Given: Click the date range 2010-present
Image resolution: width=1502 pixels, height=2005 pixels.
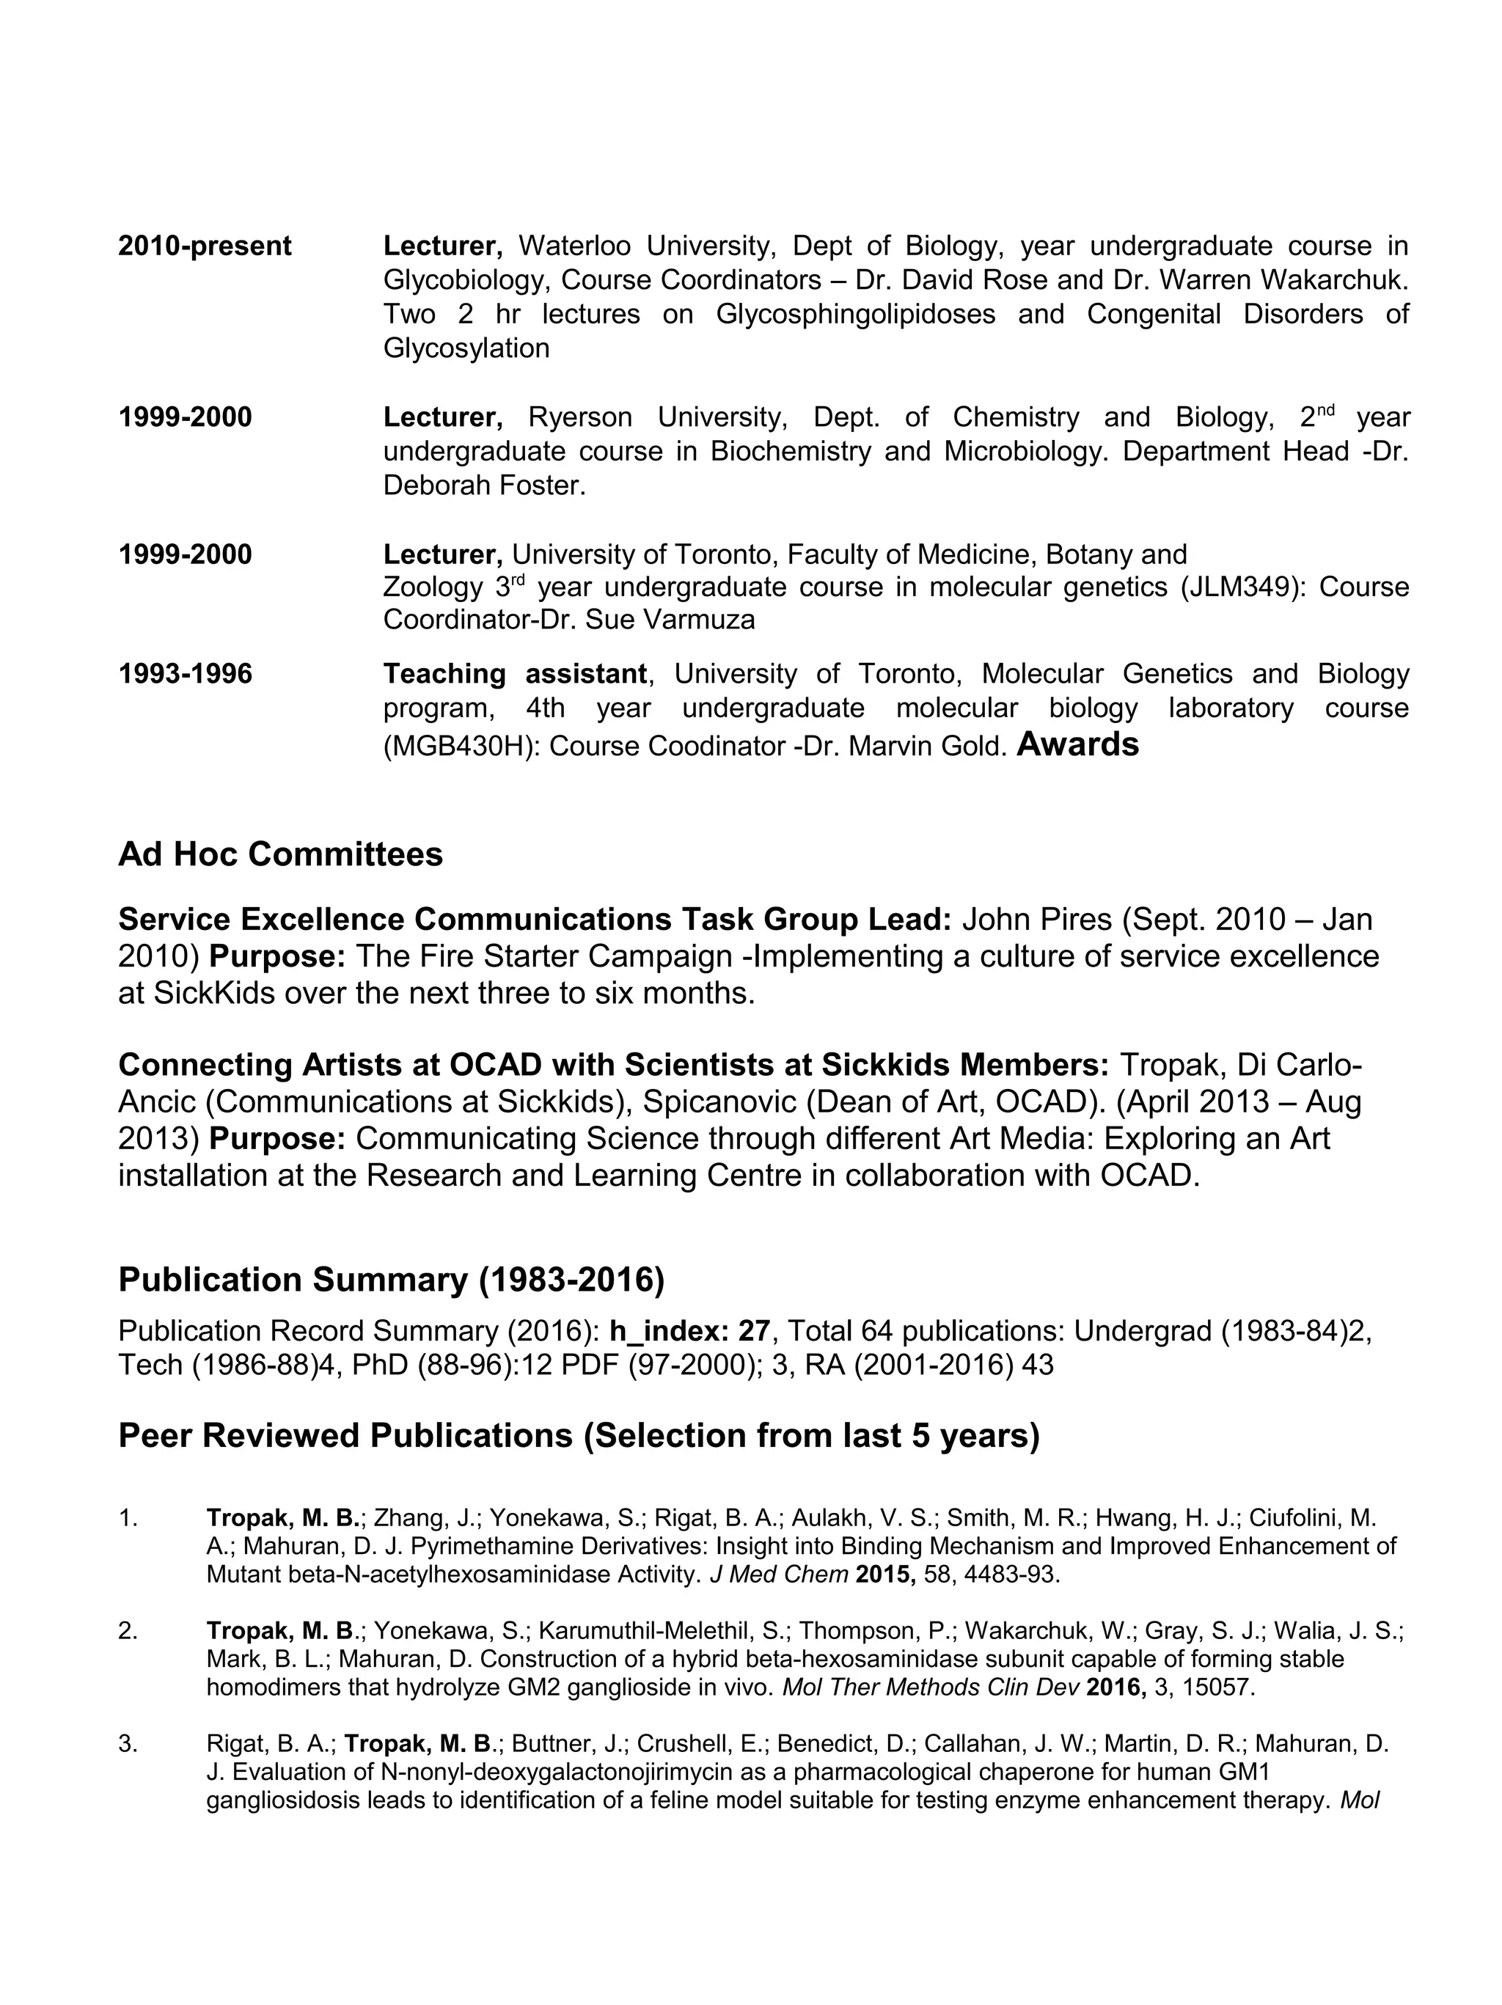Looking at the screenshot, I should (205, 246).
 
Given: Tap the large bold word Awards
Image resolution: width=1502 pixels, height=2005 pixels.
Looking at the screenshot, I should (1077, 744).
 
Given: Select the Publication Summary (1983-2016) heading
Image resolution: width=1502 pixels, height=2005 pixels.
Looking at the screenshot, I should (391, 1279).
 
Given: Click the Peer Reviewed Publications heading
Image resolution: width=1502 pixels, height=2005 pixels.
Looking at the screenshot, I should (579, 1436).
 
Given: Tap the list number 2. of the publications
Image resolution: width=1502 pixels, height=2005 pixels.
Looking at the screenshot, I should (128, 1631).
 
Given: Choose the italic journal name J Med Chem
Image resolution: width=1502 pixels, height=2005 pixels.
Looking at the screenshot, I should (779, 1575).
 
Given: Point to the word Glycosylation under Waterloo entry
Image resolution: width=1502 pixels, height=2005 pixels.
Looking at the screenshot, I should (466, 348).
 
